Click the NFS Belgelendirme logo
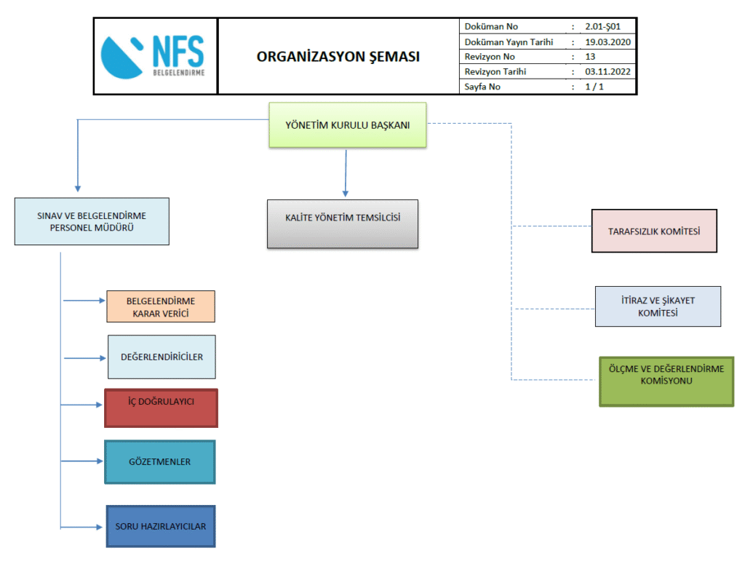pos(155,56)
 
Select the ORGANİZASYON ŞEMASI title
pos(338,57)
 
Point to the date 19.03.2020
pos(607,42)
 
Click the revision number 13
pos(590,57)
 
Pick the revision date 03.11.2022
pos(607,72)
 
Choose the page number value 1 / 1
pos(594,87)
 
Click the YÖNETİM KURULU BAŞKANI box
pos(348,125)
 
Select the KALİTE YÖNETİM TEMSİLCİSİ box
pos(343,223)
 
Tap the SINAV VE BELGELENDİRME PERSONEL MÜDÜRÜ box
pos(92,221)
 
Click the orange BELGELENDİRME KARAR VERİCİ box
pos(161,306)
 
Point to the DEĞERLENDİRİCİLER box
pos(162,357)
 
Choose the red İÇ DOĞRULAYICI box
pos(161,408)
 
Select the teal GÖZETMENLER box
pos(160,461)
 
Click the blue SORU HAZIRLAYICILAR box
pos(161,526)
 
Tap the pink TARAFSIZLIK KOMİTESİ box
pos(654,231)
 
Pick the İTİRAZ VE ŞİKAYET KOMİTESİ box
pos(658,306)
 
